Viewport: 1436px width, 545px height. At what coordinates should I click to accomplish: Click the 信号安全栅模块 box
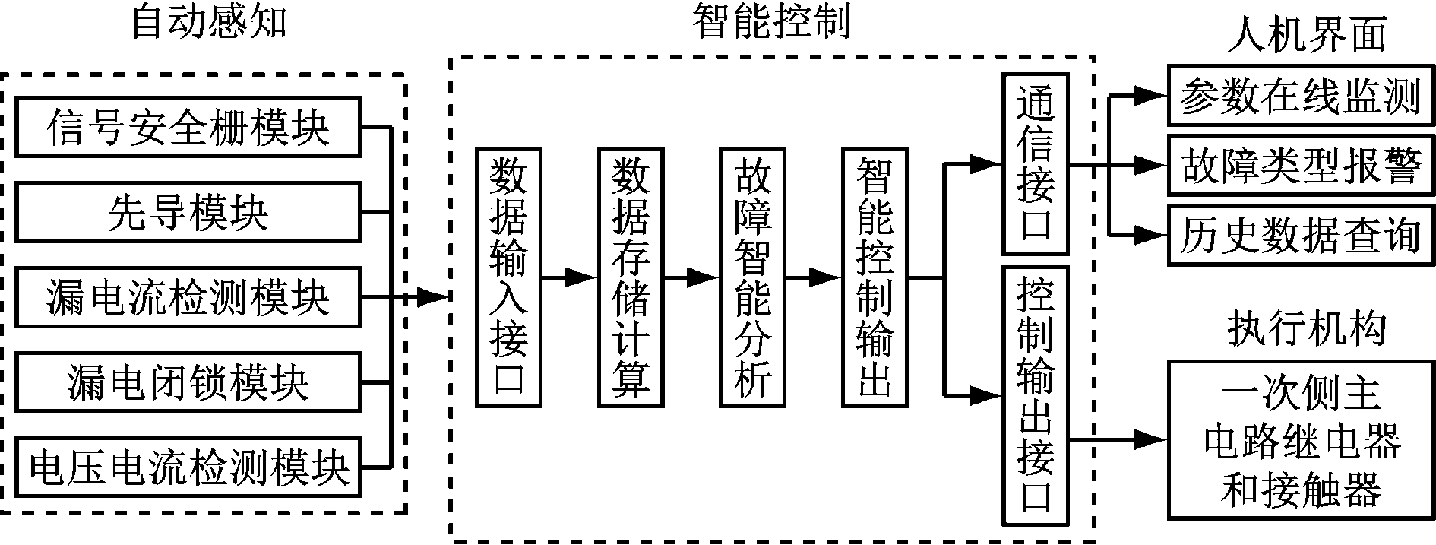pos(188,127)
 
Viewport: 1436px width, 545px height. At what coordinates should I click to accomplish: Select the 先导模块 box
pos(188,211)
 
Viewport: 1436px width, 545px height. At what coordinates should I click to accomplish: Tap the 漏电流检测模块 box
pos(188,296)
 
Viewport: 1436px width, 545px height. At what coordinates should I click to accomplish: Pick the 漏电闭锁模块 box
pos(188,382)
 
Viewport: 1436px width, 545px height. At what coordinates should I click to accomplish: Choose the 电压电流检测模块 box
pos(188,467)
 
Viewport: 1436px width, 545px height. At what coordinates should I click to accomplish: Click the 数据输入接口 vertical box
pos(508,277)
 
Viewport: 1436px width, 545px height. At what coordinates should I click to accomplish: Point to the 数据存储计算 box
pos(630,277)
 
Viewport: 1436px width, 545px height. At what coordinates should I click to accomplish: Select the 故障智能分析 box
pos(752,277)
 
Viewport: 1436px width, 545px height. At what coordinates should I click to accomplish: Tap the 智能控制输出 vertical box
pos(875,277)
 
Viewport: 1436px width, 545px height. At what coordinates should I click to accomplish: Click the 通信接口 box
pos(1036,163)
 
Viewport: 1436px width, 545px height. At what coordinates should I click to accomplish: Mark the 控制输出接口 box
pos(1036,395)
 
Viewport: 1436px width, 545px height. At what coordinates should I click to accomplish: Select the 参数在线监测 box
pos(1300,96)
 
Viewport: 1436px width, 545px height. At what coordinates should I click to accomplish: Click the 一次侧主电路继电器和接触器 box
pos(1300,440)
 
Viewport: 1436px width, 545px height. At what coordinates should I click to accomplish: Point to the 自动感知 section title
pos(209,23)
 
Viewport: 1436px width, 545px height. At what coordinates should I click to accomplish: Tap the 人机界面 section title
pos(1307,35)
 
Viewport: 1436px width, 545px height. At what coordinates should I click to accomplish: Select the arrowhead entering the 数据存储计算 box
pos(584,278)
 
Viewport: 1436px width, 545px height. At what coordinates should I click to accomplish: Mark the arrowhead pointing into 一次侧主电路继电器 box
pos(1152,439)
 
